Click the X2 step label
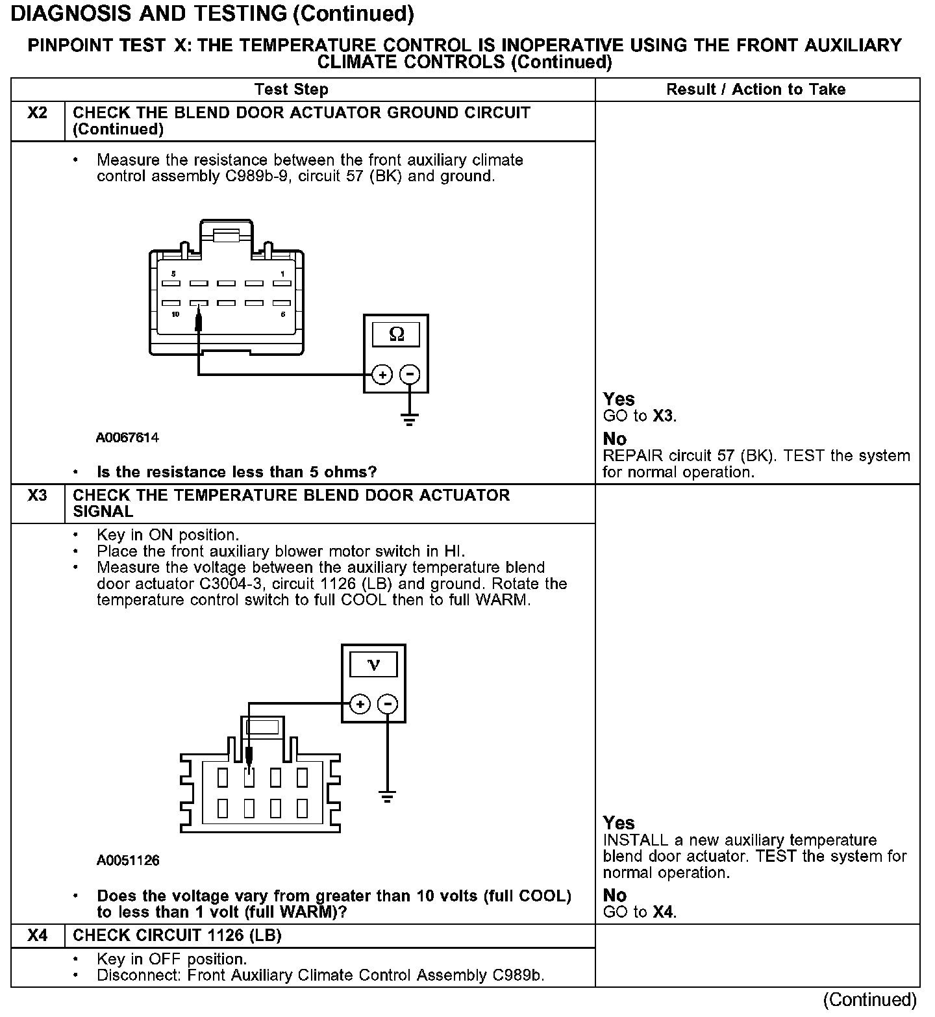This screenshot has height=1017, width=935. (x=38, y=113)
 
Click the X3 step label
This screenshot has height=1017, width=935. (x=38, y=496)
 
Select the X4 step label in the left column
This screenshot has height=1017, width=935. (x=38, y=936)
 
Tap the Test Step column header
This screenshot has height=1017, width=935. (x=292, y=90)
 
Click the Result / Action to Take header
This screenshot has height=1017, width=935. (x=756, y=90)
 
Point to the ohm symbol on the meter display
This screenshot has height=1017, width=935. (x=396, y=334)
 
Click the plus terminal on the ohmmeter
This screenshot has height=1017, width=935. (x=382, y=375)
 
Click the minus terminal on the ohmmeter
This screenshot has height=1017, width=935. (x=410, y=375)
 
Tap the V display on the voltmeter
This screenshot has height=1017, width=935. (x=374, y=664)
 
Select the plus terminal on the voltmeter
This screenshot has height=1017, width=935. (x=360, y=704)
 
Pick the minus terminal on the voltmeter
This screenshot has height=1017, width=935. (x=388, y=704)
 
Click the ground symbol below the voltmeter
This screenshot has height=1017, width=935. (x=388, y=796)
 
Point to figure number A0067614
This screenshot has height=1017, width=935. (x=127, y=438)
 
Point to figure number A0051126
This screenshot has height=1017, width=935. (x=128, y=860)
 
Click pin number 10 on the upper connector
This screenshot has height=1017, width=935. (x=175, y=314)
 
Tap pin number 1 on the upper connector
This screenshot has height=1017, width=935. (x=282, y=274)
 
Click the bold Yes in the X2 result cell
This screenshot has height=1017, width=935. (x=619, y=399)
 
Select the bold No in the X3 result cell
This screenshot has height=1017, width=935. (x=615, y=895)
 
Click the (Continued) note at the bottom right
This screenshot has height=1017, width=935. (x=869, y=1000)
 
